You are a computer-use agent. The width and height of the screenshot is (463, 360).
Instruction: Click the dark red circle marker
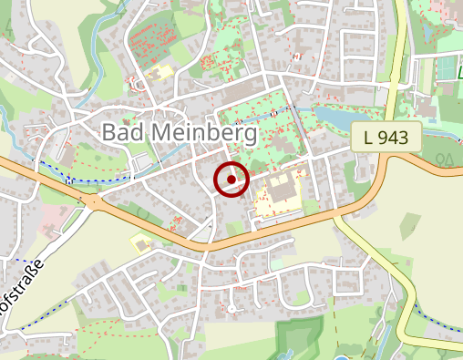231,180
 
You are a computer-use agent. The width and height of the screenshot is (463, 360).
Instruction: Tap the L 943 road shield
386,139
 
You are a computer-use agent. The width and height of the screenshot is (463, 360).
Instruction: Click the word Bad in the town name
122,133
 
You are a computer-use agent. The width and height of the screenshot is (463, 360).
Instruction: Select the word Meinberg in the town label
202,133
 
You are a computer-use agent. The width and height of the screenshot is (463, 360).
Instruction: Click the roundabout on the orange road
93,201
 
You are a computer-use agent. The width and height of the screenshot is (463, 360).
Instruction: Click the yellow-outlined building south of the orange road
141,242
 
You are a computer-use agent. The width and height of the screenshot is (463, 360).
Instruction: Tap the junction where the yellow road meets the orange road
339,219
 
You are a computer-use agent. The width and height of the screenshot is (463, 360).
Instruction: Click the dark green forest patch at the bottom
293,342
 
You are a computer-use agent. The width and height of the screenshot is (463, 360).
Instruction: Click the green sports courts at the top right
447,69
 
